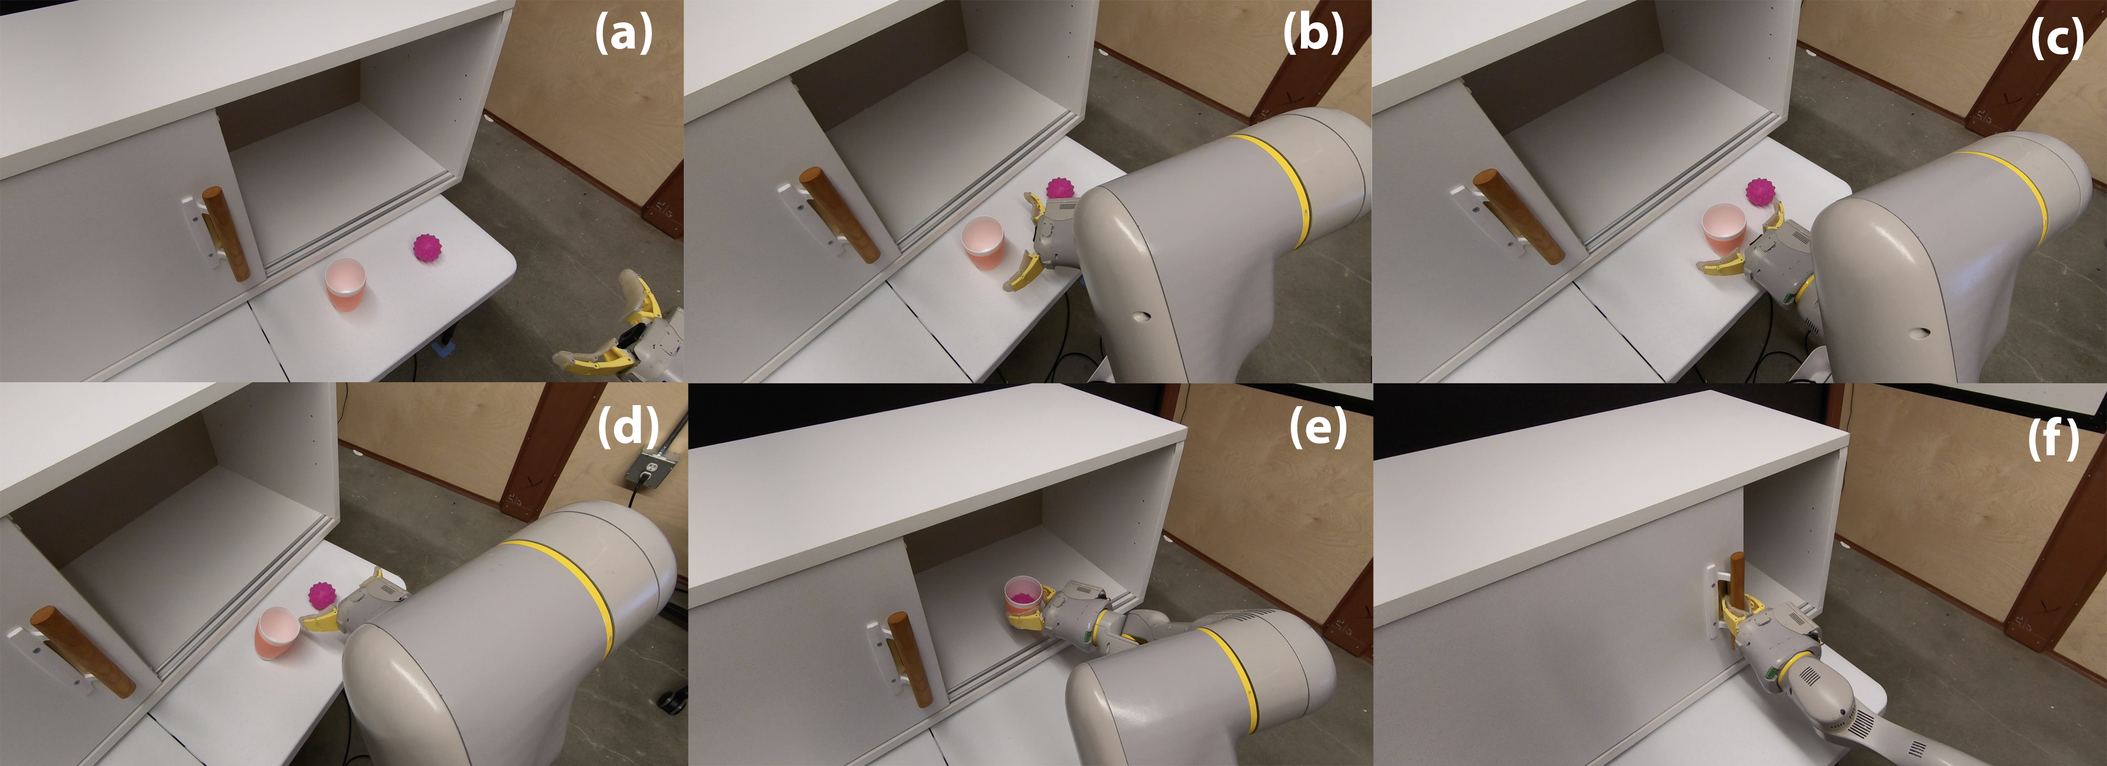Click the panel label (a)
[x=623, y=35]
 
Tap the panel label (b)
[x=1313, y=35]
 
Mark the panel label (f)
[x=2053, y=439]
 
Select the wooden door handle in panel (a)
[x=225, y=234]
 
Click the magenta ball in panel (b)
[x=1060, y=188]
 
